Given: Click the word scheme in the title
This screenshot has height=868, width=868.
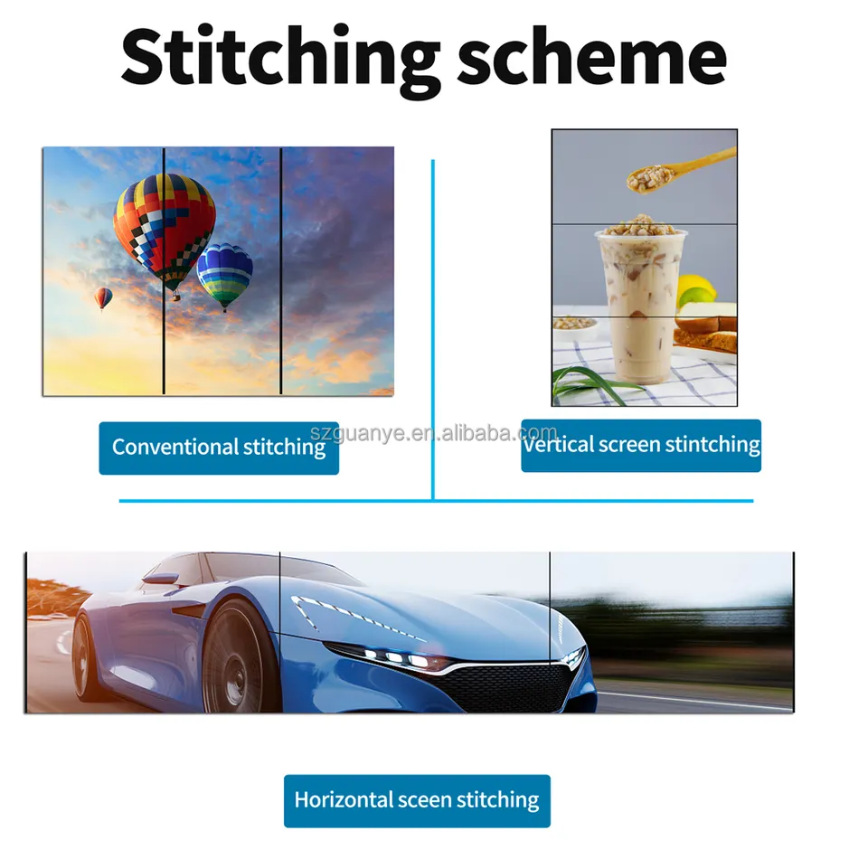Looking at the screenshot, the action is coord(591,54).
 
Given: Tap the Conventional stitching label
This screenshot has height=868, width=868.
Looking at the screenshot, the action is coord(219,448).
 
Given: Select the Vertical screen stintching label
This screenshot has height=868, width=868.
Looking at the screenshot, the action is coord(641,445).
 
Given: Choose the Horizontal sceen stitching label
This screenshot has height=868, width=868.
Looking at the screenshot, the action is coord(417,800).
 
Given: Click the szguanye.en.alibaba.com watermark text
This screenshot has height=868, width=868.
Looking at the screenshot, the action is coord(433,432).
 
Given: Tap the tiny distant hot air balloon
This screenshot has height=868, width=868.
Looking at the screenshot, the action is coord(103,298).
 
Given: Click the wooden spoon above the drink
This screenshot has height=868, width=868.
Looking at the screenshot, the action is coord(681,170).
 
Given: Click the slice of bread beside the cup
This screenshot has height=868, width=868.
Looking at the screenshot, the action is coord(704,331).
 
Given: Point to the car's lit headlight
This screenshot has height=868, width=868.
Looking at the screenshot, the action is coord(396,657).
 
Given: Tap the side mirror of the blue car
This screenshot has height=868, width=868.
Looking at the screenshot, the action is coord(161,580).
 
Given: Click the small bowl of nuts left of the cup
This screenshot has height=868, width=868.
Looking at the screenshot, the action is coord(575,325).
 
